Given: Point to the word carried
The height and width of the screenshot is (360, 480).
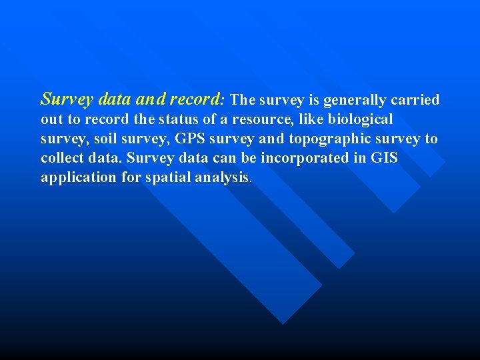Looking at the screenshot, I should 415,101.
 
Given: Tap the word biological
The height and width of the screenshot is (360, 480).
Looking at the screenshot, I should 360,120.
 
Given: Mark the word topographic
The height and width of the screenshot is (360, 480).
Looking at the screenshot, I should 319,139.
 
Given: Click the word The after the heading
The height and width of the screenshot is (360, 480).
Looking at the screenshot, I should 243,101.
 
